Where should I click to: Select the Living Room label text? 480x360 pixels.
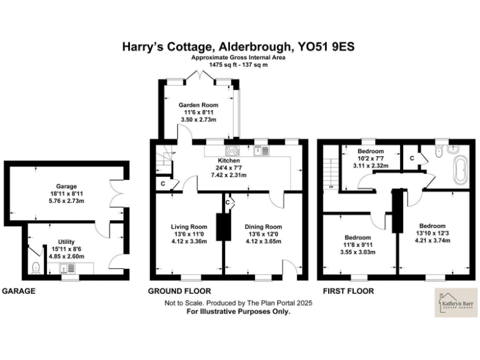(189, 226)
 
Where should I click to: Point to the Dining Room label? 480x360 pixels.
(262, 226)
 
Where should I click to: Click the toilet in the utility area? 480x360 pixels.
(36, 268)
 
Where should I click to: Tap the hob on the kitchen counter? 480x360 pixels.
(232, 150)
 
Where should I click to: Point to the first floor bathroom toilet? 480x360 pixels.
(439, 149)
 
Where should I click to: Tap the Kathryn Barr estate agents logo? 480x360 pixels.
(453, 302)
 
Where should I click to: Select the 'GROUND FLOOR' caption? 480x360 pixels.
(179, 291)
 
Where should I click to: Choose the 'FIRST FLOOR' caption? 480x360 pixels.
(348, 291)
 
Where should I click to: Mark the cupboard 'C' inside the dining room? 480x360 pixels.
(229, 201)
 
